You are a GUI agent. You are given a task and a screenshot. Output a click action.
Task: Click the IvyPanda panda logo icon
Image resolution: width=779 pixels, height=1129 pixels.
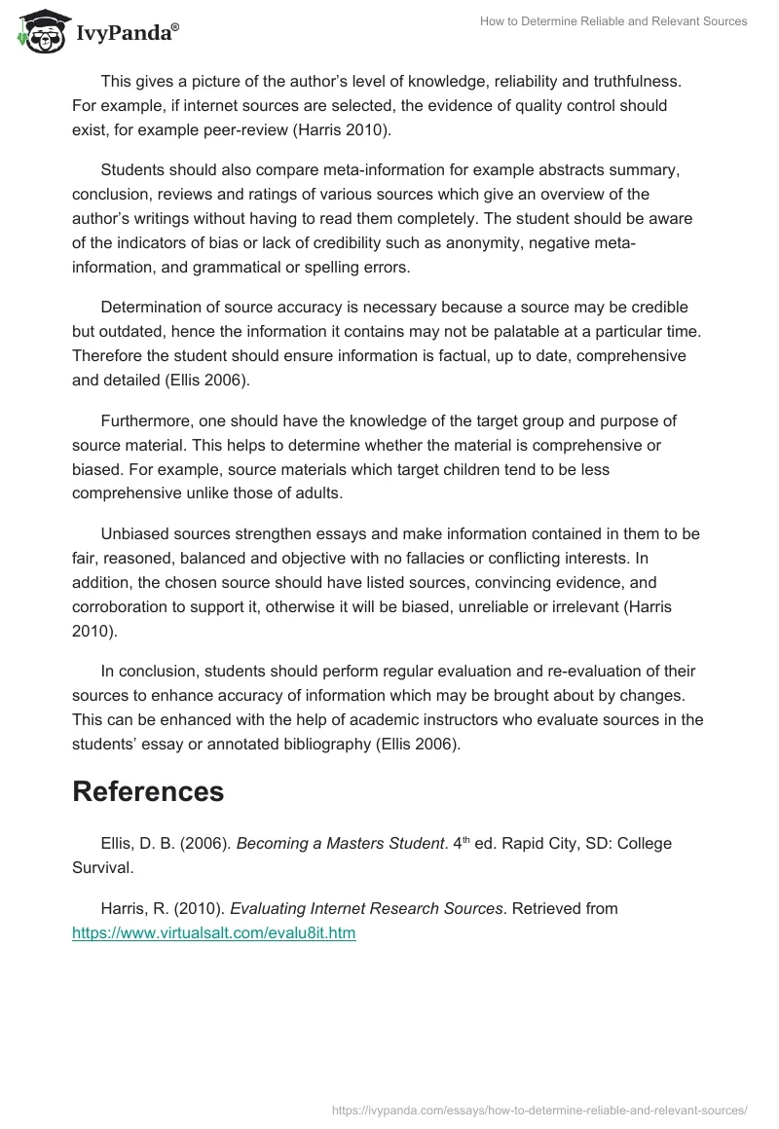(39, 31)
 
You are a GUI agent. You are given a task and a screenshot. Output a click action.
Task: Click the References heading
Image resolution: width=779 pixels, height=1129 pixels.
(148, 791)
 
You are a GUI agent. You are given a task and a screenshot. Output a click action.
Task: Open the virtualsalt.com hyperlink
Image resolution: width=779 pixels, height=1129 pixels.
(213, 932)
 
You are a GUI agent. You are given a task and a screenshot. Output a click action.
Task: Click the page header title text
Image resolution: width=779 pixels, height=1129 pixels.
(613, 21)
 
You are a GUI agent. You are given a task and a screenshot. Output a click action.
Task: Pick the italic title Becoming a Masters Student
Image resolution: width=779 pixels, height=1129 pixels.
(340, 843)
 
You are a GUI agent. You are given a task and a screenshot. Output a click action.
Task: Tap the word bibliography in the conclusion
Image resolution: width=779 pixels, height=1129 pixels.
(369, 745)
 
